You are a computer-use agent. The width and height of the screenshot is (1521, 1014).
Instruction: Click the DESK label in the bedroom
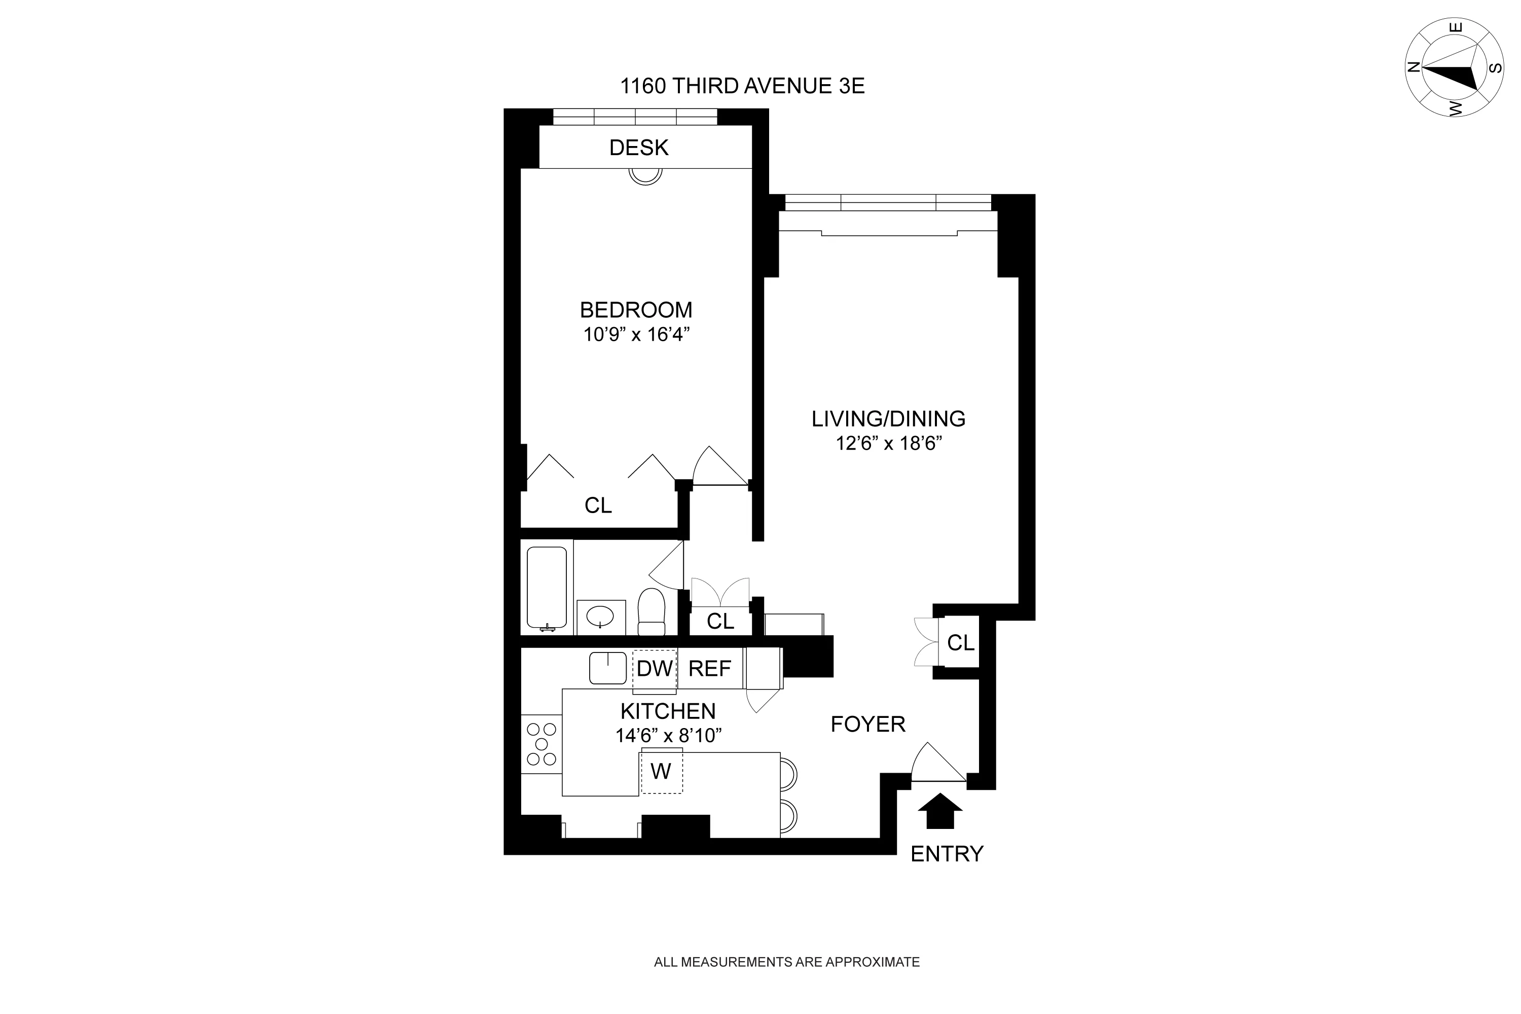pos(638,148)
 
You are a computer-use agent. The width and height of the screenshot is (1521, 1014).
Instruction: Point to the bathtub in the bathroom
pos(547,588)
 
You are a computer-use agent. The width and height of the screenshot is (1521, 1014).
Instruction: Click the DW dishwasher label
pos(655,669)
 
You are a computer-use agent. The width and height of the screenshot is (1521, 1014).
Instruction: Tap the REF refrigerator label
pos(709,669)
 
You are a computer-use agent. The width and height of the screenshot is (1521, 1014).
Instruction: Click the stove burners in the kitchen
pos(541,744)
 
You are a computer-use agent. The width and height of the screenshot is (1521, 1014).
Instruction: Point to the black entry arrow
pos(940,811)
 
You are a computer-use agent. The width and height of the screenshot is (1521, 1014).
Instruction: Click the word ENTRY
pos(947,854)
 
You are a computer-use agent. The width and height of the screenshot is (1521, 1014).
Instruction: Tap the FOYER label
pos(868,725)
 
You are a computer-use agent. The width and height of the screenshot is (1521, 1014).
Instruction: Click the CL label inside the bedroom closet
pos(598,505)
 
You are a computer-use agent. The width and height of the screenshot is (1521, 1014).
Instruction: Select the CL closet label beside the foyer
pos(960,643)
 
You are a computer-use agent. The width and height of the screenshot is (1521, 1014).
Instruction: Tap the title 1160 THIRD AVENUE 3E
pos(742,86)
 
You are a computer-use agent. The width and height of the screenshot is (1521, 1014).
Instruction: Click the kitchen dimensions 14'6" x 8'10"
pos(668,736)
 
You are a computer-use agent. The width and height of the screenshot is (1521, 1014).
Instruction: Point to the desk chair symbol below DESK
pos(645,176)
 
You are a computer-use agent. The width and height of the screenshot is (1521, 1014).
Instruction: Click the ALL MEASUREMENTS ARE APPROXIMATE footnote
pos(786,962)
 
